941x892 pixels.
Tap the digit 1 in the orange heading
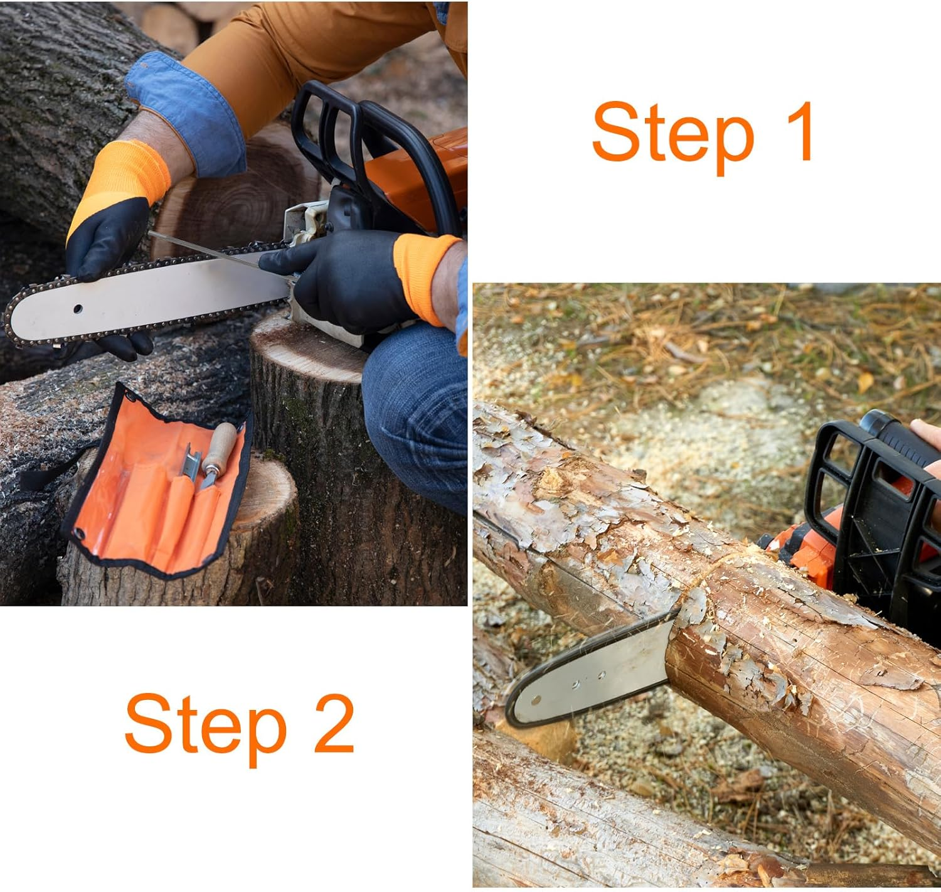pyautogui.click(x=796, y=131)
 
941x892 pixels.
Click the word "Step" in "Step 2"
pyautogui.click(x=205, y=728)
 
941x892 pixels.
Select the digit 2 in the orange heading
pyautogui.click(x=334, y=723)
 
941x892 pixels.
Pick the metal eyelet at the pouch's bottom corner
pyautogui.click(x=79, y=534)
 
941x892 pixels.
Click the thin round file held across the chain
pyautogui.click(x=220, y=254)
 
